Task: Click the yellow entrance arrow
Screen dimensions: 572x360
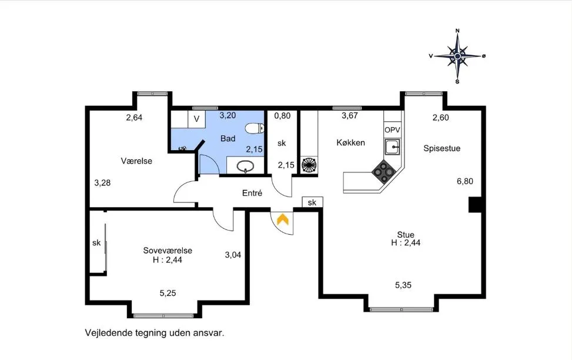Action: (x=283, y=219)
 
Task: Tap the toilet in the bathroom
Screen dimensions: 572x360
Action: (x=255, y=128)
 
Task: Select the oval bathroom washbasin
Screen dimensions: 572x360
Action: (x=245, y=166)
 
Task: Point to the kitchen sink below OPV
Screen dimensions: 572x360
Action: (x=392, y=147)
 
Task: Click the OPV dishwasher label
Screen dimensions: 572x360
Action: (x=392, y=130)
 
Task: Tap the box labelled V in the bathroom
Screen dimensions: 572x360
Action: (x=196, y=119)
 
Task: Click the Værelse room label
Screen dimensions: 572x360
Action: (x=136, y=161)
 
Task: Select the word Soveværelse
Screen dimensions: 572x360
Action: (x=168, y=251)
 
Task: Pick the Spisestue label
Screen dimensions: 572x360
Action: (x=441, y=148)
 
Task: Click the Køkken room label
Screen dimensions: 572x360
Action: (x=350, y=142)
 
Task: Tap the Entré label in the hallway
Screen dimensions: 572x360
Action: (x=252, y=193)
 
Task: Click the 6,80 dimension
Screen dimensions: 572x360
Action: (x=465, y=181)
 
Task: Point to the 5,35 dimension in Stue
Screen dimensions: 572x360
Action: (x=403, y=285)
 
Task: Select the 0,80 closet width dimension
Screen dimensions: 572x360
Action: (x=282, y=116)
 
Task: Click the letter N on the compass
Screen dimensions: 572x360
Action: (x=457, y=31)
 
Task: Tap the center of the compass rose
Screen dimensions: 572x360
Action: (x=457, y=56)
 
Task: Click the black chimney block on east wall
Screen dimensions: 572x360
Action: (x=475, y=205)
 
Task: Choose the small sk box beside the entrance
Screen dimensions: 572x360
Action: (x=312, y=202)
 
